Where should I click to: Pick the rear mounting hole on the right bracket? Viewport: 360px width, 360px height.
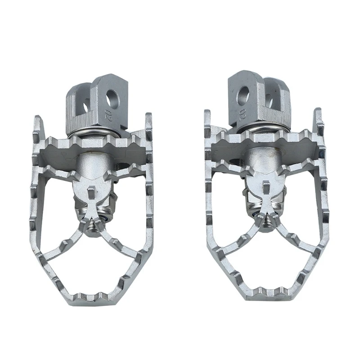pyautogui.click(x=270, y=100)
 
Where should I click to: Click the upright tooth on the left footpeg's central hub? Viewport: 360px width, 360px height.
pyautogui.click(x=92, y=191)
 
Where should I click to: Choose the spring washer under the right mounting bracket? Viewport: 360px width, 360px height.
pyautogui.click(x=258, y=129)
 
